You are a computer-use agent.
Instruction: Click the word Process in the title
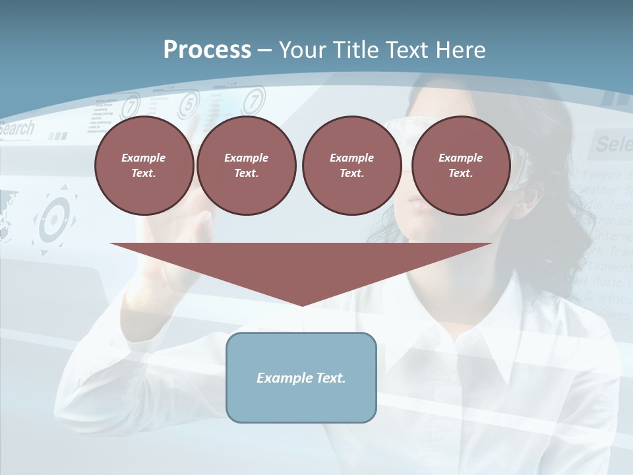[207, 50]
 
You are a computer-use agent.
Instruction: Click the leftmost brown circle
[144, 166]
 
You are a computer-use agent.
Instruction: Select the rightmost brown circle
[461, 166]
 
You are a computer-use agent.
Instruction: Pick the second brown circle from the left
[246, 166]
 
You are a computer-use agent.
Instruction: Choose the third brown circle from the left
[351, 166]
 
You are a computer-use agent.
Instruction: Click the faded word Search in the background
[16, 129]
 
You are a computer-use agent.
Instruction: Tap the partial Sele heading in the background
[613, 143]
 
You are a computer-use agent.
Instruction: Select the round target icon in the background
[54, 220]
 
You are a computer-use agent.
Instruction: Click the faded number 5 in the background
[189, 104]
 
